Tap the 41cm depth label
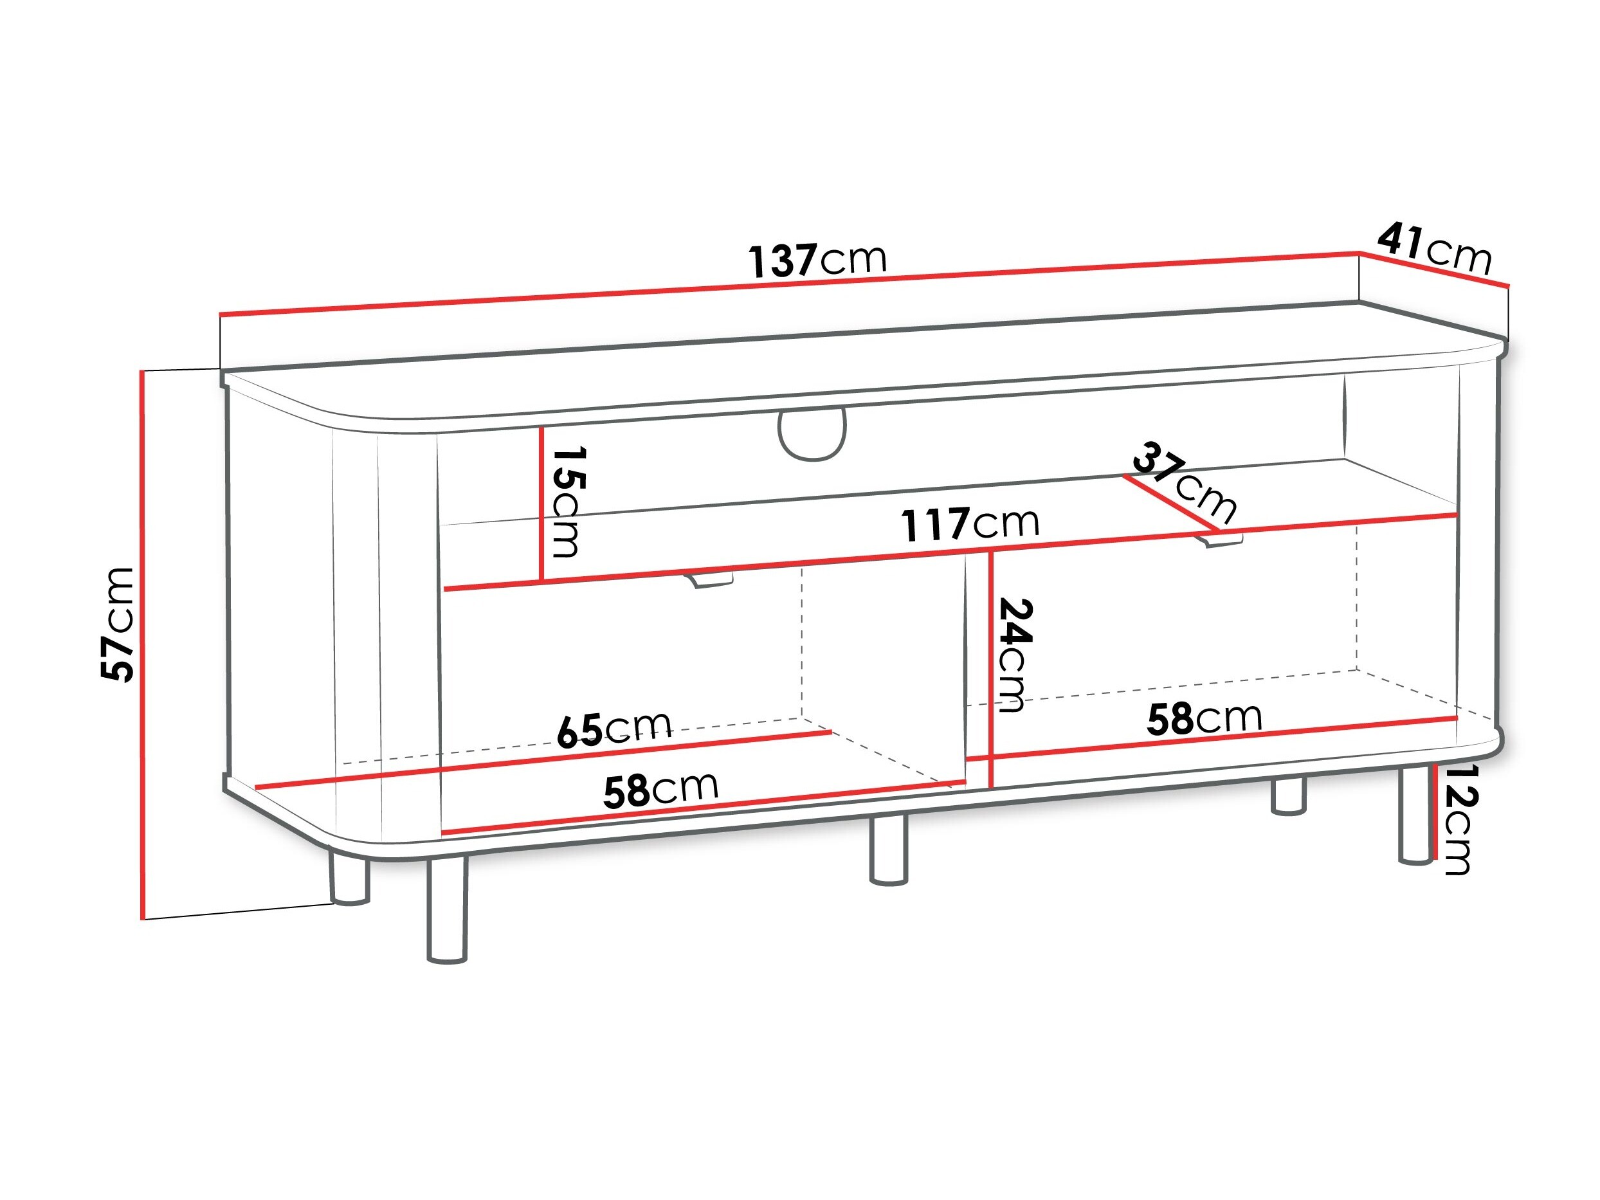tap(1435, 249)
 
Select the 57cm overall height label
tap(117, 625)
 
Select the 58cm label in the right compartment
tap(1205, 718)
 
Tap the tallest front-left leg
tap(447, 909)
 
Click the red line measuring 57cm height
tap(143, 644)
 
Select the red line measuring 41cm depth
tap(1433, 269)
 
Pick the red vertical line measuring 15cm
tap(540, 505)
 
